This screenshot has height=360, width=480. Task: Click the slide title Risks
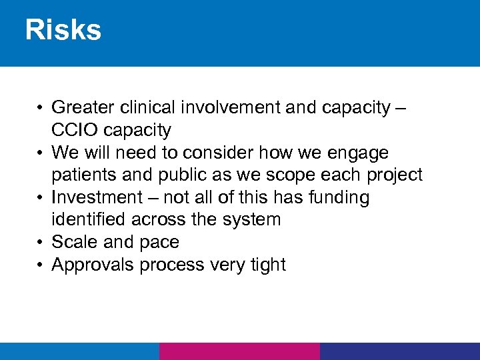pos(63,31)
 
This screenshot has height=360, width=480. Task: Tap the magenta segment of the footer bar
pos(239,351)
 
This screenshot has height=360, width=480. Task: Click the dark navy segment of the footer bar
pos(399,351)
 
